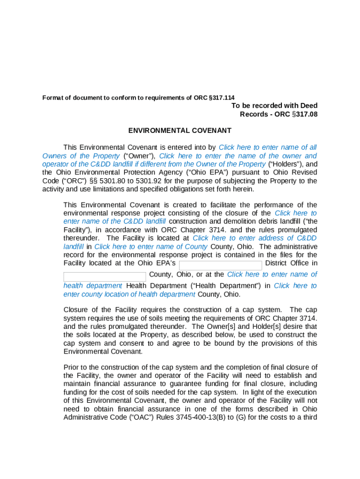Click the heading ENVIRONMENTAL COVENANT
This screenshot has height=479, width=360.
coord(180,131)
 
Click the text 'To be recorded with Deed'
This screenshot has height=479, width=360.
coord(274,106)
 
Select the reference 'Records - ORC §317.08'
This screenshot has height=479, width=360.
coord(278,114)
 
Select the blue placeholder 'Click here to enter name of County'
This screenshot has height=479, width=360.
coord(151,247)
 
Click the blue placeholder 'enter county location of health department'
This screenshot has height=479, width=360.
coord(130,294)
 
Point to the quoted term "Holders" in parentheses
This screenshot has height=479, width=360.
coord(286,164)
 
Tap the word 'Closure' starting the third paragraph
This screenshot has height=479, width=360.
coord(76,310)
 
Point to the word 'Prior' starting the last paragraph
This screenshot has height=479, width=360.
coord(72,367)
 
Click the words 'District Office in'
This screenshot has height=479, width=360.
coord(291,263)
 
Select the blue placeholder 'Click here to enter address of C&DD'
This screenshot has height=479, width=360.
coord(254,238)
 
